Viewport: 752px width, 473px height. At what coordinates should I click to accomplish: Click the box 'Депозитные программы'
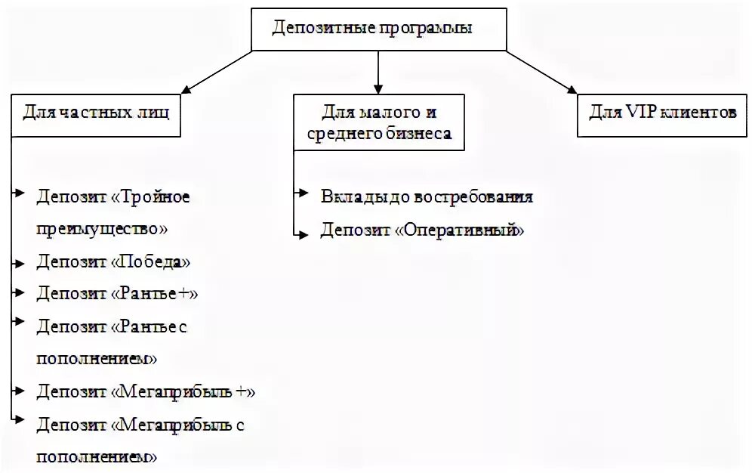(x=378, y=29)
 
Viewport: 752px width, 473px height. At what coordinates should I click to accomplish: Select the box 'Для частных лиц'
(x=96, y=115)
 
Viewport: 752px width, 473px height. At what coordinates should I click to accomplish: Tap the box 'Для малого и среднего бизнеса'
(x=378, y=122)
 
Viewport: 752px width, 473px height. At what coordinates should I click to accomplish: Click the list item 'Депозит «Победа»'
(x=113, y=261)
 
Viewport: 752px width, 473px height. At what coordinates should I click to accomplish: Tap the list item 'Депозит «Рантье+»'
(x=117, y=293)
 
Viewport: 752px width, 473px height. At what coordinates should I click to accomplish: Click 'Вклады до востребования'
(x=427, y=196)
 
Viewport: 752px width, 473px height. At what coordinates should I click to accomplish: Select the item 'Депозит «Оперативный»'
(x=421, y=230)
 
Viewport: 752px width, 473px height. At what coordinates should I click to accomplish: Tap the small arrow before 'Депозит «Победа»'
(x=18, y=261)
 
